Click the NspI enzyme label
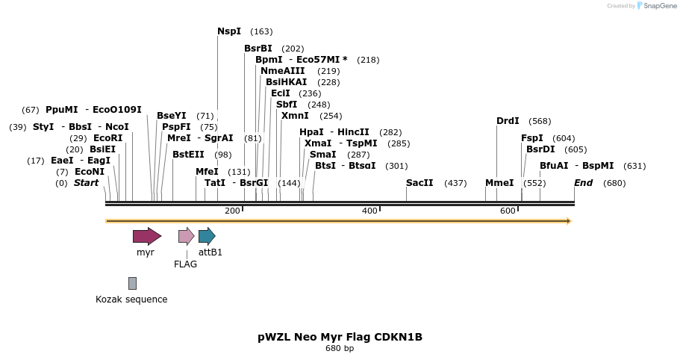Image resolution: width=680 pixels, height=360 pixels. click(229, 31)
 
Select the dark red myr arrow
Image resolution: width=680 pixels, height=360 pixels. click(146, 237)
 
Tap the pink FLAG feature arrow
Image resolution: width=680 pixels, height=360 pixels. click(186, 237)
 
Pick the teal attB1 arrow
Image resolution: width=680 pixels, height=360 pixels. click(207, 237)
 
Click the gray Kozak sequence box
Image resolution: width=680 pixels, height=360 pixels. click(132, 283)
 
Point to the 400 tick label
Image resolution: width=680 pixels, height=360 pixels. click(369, 211)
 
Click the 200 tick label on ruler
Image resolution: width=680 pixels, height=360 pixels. click(232, 211)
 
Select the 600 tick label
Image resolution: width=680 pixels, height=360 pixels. click(508, 211)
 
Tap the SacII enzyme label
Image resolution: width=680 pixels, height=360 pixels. click(419, 183)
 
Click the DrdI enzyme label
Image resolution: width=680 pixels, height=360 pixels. click(508, 121)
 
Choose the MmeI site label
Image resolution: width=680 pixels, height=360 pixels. click(499, 183)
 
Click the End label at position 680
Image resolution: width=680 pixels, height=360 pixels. click(583, 183)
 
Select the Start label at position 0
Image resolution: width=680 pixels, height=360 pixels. click(86, 183)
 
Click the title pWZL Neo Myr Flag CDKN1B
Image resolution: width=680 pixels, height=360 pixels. click(340, 337)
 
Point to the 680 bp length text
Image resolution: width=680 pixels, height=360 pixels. click(340, 349)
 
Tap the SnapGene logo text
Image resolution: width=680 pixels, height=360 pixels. click(660, 6)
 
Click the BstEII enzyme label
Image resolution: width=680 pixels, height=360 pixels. click(188, 155)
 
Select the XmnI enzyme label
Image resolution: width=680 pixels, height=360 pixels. click(295, 116)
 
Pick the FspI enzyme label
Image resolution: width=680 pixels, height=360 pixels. click(532, 138)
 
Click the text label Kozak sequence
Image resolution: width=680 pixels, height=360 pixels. click(131, 300)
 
